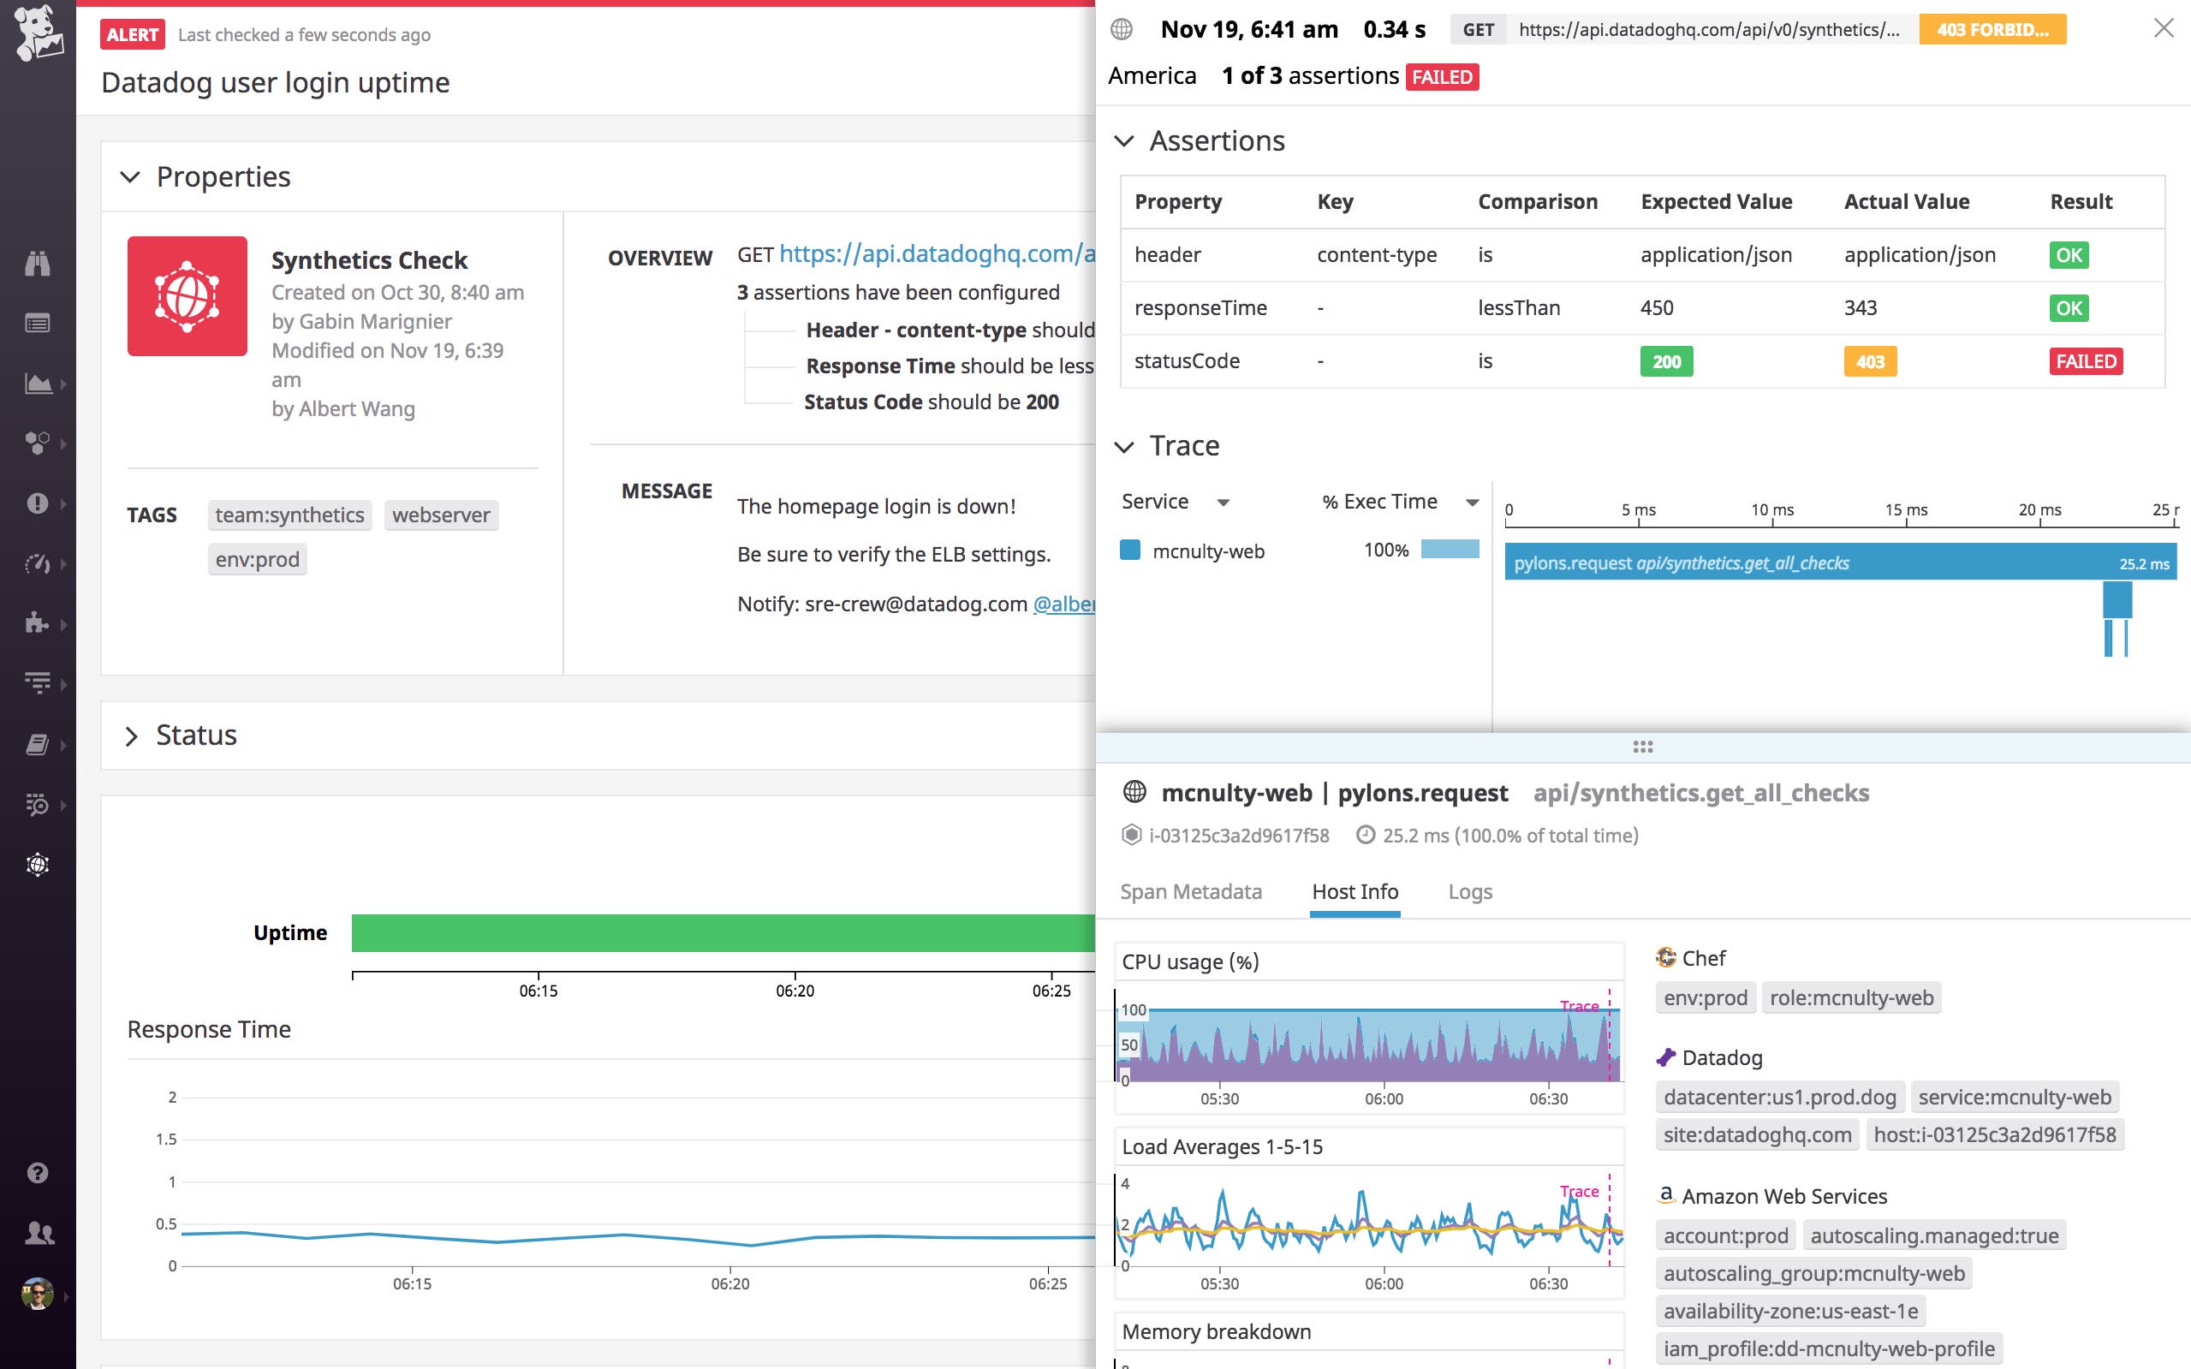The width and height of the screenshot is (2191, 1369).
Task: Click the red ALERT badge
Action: click(132, 34)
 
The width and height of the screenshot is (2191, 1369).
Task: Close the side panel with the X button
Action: click(2163, 28)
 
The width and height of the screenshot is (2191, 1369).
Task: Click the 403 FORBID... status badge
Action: click(1992, 30)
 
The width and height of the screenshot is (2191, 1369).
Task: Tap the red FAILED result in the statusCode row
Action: click(2086, 361)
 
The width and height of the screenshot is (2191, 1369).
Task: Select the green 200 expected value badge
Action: click(1666, 361)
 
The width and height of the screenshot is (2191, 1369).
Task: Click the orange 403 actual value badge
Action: click(1870, 361)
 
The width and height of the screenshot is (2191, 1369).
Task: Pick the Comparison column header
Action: click(1538, 202)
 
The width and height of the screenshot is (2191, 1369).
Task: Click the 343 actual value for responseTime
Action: click(1861, 308)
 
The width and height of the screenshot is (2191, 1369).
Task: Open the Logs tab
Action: click(1469, 892)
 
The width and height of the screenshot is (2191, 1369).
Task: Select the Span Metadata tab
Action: click(1191, 892)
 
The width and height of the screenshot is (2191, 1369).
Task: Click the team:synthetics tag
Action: click(289, 515)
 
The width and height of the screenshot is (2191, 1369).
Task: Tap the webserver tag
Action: click(441, 515)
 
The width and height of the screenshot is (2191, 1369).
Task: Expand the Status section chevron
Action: click(131, 736)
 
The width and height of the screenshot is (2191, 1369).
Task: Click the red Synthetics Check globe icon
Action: click(188, 296)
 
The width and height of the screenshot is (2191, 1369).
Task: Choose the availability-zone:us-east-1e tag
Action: click(1790, 1311)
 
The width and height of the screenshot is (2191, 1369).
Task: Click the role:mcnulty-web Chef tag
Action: click(1851, 997)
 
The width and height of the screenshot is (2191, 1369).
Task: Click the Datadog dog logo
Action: click(38, 33)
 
